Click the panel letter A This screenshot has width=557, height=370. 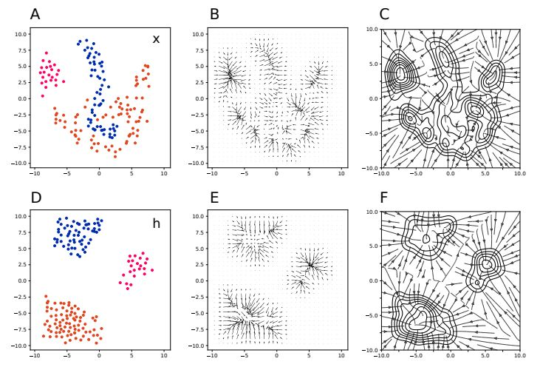tap(35, 14)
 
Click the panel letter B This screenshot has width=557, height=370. tap(214, 14)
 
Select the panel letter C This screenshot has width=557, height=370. tap(384, 14)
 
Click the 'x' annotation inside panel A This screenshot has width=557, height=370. tap(156, 39)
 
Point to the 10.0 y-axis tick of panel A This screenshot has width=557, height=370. tap(21, 34)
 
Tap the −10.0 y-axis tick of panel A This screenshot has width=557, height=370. tap(20, 163)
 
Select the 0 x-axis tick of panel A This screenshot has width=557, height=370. tap(99, 174)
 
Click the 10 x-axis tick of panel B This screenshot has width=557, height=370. tap(341, 174)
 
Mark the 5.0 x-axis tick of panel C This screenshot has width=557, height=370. tap(485, 175)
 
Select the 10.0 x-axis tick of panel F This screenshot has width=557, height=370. tap(519, 357)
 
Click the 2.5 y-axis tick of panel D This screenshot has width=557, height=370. tap(23, 265)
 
